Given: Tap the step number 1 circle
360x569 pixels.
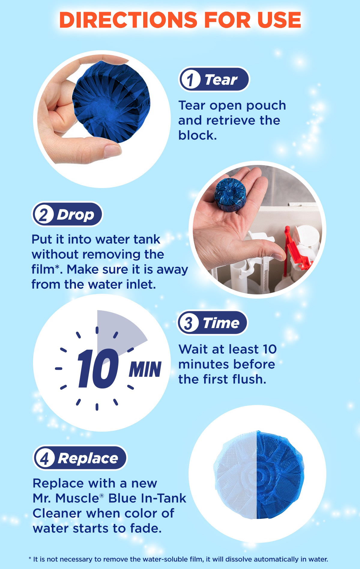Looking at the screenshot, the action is point(190,80).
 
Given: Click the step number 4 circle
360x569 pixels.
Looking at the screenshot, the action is point(44,458).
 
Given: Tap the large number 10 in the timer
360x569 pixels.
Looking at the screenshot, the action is point(98,369).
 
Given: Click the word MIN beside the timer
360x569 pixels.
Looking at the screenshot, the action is point(145,370).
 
